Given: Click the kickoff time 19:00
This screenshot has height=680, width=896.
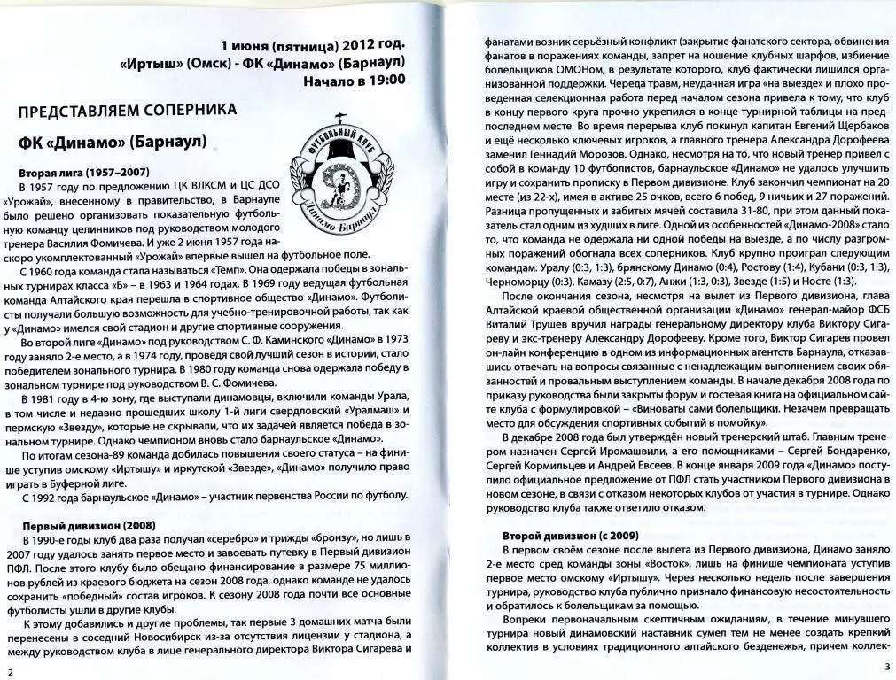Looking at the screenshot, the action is coord(386,80).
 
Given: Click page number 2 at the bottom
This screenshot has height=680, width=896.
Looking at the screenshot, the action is coord(8,672).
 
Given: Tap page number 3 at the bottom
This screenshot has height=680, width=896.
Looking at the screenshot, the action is coord(885,665).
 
